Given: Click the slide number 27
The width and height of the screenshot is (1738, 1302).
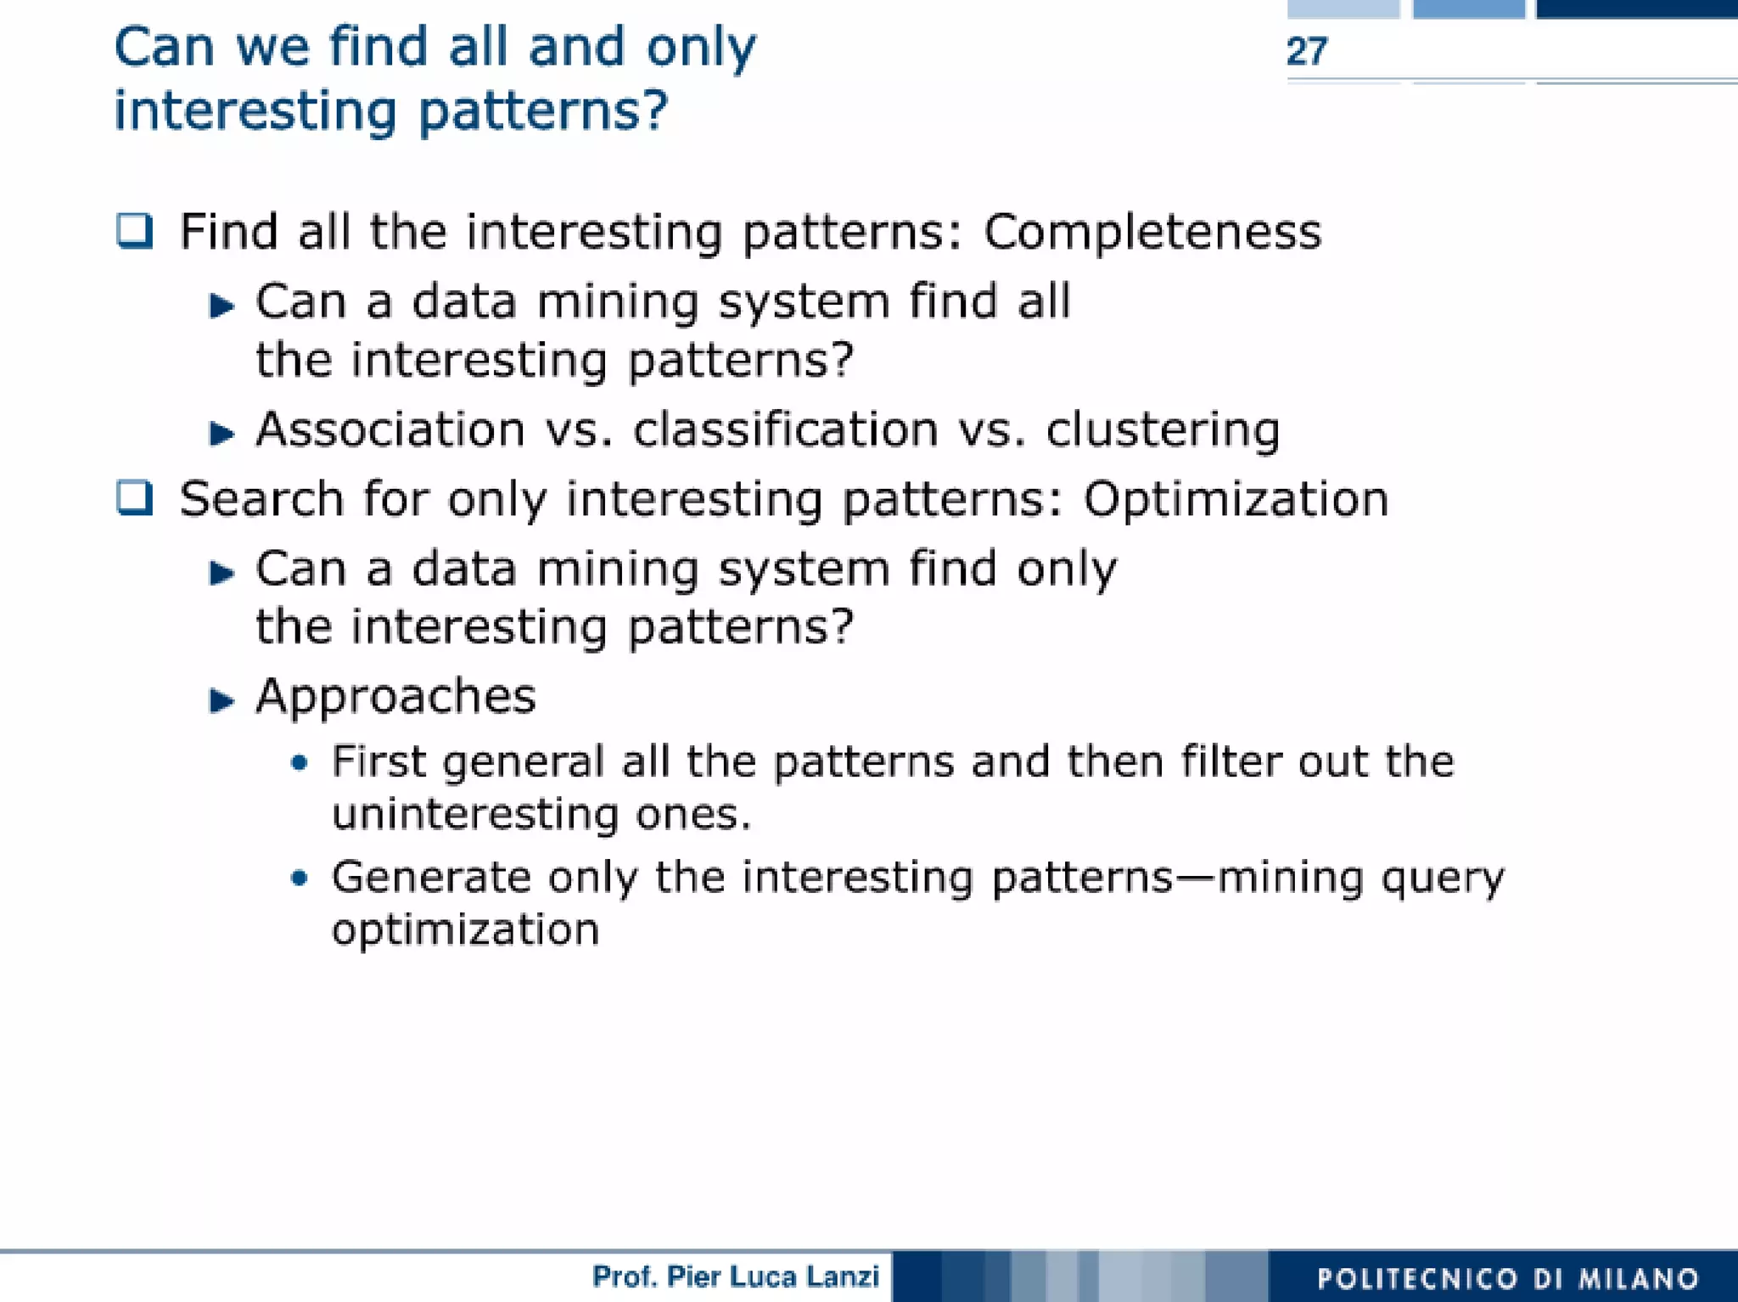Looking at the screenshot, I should click(x=1306, y=52).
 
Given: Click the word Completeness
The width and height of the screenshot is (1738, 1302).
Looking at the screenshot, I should click(x=1152, y=231).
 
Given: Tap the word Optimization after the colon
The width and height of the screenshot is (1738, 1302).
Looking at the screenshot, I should click(x=1236, y=498).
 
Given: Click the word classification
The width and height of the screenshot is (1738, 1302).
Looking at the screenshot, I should click(x=786, y=429).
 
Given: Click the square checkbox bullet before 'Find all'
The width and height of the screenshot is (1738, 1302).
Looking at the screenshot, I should click(x=134, y=230).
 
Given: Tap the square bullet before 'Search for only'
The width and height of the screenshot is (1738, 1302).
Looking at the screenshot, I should click(x=134, y=497).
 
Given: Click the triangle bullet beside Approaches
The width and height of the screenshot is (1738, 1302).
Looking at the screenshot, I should click(x=221, y=700).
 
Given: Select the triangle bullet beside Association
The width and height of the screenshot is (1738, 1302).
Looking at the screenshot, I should click(x=221, y=433).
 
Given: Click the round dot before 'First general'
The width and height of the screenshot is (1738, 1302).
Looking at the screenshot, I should click(x=298, y=762).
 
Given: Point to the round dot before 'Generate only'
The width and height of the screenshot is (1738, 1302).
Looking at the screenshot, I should click(x=298, y=878).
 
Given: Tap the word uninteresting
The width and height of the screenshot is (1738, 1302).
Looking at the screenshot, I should click(x=474, y=814).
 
